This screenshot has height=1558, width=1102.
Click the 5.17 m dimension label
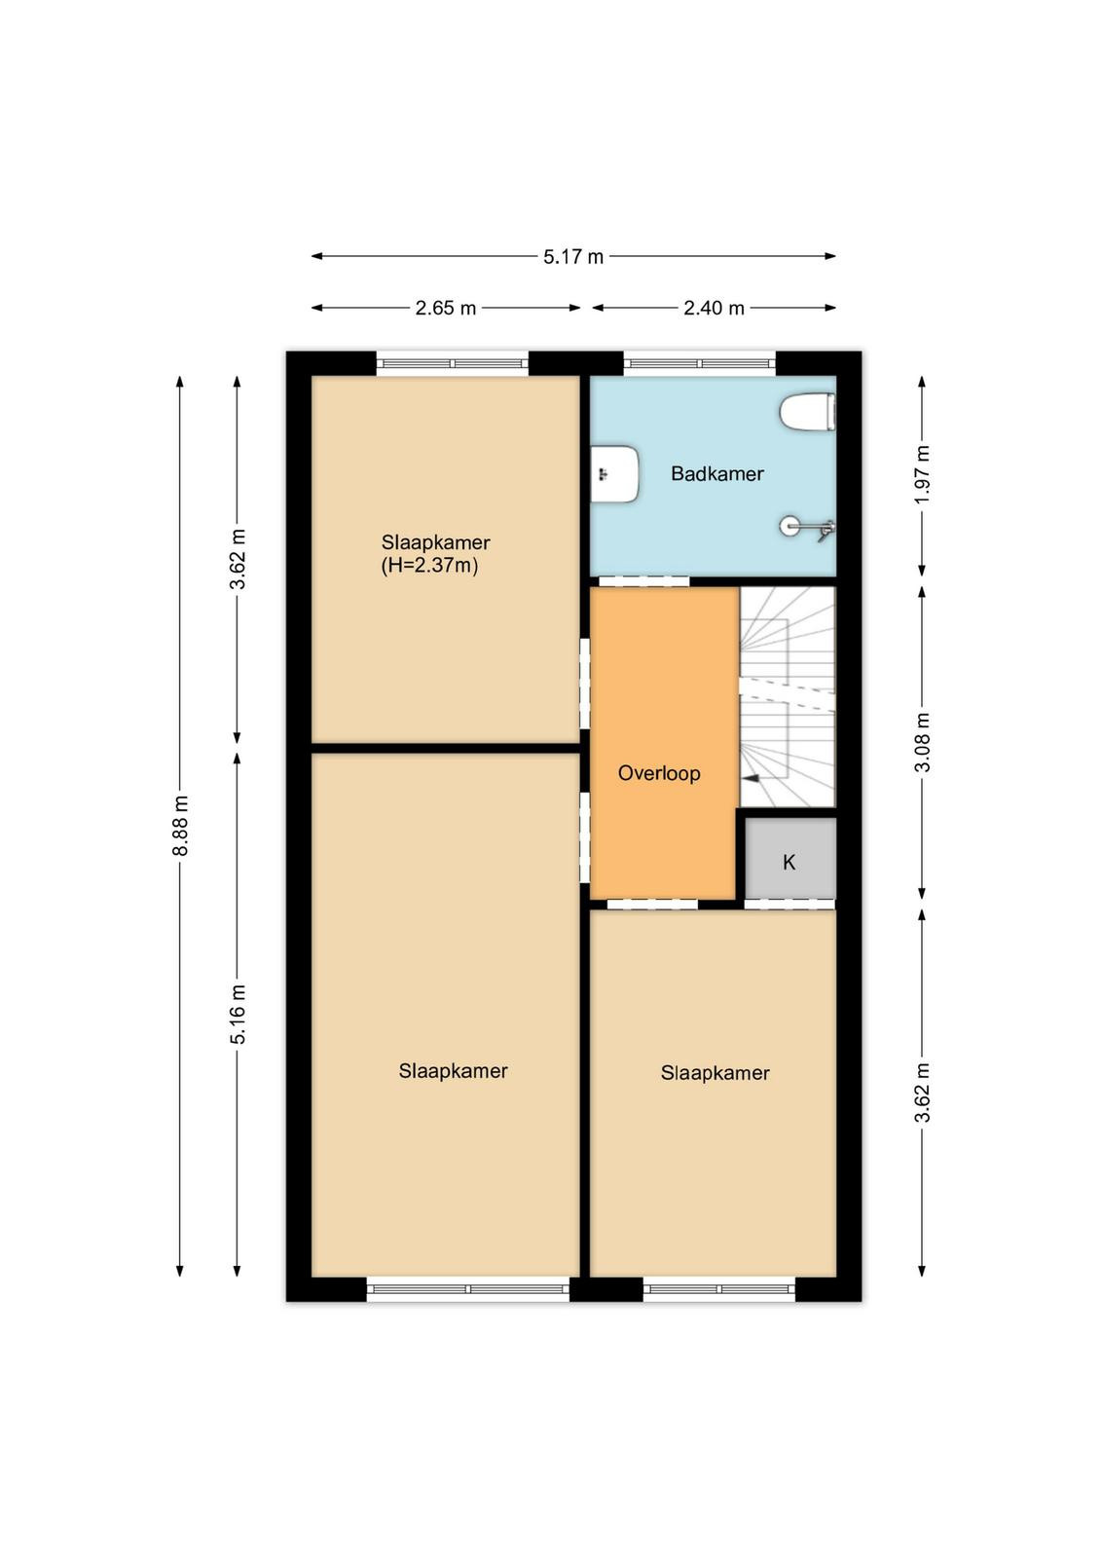572,257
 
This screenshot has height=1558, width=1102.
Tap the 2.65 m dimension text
446,308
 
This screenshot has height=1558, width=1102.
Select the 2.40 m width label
714,308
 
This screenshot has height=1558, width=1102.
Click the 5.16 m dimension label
238,1014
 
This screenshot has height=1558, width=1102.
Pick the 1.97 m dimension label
922,475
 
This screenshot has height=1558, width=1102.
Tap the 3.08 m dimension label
922,742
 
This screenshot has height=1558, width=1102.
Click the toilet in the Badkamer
807,412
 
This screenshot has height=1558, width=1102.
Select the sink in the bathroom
614,474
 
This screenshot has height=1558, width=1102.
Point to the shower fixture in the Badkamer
807,527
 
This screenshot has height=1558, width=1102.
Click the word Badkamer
716,473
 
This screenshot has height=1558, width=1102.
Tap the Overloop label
658,773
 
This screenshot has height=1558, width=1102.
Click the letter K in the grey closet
789,863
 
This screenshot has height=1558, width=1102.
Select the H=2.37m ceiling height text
429,566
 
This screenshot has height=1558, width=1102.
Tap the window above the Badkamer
699,363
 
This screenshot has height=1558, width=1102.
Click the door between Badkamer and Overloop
643,581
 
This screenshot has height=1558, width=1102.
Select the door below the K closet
790,905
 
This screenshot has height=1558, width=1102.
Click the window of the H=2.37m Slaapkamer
452,363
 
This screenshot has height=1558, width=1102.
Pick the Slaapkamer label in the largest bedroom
453,1070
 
